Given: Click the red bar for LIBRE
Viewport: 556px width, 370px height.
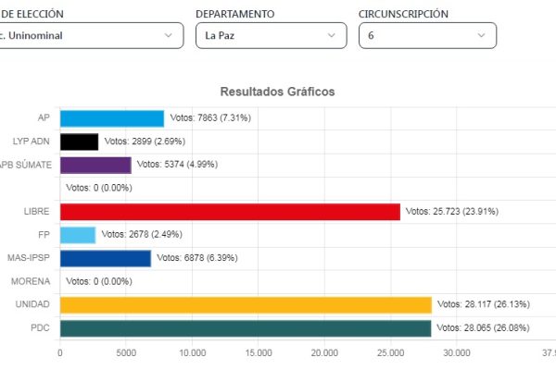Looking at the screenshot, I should pos(230,212).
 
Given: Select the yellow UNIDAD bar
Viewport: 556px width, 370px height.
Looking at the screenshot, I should pos(246,305).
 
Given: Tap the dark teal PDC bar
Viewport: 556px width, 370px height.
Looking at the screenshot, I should pos(246,328).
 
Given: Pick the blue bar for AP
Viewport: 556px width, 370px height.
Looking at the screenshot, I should pos(111,118).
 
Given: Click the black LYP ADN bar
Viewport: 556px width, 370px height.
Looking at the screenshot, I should pos(79,142).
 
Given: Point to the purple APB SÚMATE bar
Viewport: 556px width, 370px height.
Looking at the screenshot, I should pos(95,165).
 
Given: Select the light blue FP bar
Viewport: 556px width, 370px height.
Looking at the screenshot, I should pos(78,235).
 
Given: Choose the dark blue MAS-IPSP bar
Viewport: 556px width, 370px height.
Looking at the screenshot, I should pos(105,258).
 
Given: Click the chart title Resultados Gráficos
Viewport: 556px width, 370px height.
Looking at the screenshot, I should pos(277,92).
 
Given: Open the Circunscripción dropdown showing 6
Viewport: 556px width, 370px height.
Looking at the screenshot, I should pos(427,35).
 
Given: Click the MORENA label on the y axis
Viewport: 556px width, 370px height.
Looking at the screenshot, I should pos(31,281).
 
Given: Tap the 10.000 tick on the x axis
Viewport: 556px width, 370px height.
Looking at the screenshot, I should pos(192,352).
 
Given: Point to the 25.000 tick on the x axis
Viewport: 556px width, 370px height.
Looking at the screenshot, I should pos(390,352).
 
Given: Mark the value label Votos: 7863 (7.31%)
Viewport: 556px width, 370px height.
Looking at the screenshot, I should pos(210,118).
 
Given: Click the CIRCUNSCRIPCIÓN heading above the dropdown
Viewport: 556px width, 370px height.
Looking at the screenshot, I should pos(403,14).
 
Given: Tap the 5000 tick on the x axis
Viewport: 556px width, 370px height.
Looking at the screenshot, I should pos(126,352).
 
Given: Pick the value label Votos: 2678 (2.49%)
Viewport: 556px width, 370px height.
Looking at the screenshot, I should pos(142,235).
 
